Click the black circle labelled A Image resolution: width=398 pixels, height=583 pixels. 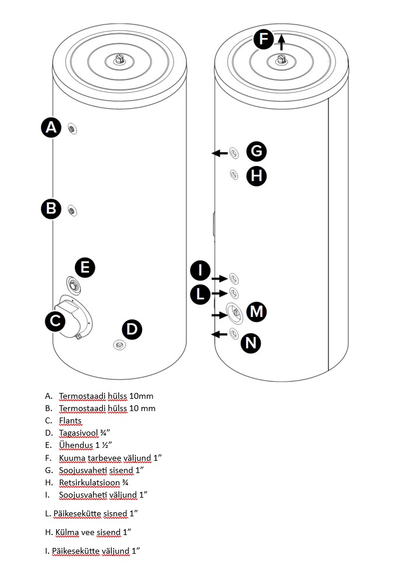click(51, 127)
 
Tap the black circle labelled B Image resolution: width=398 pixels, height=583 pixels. click(51, 209)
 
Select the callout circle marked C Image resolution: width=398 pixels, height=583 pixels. click(55, 320)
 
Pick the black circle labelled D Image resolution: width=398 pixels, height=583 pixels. click(132, 329)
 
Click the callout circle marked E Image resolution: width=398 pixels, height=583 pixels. click(85, 267)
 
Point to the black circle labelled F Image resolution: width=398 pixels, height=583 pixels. click(264, 39)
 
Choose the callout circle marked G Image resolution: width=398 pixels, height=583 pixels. click(257, 151)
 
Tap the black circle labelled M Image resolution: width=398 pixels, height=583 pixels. click(257, 312)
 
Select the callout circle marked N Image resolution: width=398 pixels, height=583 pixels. click(251, 343)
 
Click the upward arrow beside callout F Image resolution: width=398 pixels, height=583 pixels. click(282, 42)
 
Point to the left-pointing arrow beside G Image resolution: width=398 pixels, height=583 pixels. click(220, 153)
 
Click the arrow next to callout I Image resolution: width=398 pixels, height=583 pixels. click(220, 278)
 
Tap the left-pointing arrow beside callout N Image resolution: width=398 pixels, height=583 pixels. click(219, 334)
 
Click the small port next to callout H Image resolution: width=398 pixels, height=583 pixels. click(234, 174)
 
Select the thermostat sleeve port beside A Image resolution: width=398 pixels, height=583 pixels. click(72, 129)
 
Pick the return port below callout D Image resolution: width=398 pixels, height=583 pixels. click(119, 345)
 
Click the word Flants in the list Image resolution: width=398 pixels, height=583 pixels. click(70, 420)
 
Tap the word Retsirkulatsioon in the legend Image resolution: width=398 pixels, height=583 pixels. click(89, 482)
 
